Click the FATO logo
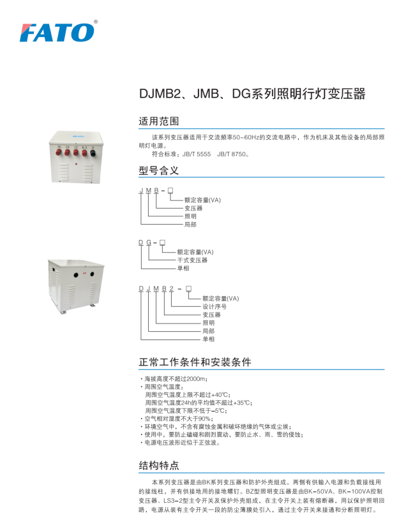coord(57,33)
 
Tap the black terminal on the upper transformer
coord(93,153)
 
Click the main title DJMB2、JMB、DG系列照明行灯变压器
coord(252,94)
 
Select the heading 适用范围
coord(159,121)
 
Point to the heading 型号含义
coord(159,170)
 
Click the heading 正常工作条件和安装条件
coord(195,362)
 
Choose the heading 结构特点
coord(159,466)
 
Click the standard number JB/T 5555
coord(197,154)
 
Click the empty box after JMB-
coord(170,191)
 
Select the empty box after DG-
coord(162,242)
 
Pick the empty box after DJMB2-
coord(189,289)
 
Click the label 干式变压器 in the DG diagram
coord(192,260)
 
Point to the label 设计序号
coord(215,306)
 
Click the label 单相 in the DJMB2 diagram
coord(209,339)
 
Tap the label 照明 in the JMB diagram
coord(190,216)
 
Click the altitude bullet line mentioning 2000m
coord(174,379)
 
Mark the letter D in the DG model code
coord(141,242)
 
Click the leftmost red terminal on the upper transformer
coord(59,153)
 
